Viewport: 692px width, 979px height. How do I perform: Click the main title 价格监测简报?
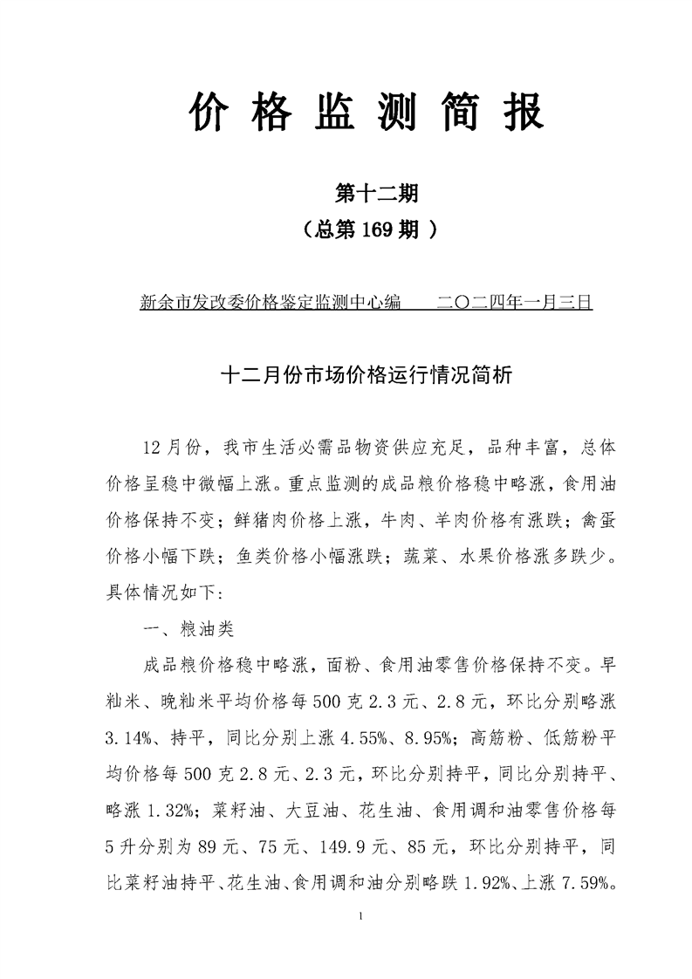(367, 114)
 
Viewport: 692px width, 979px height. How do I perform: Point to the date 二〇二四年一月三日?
(514, 303)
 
